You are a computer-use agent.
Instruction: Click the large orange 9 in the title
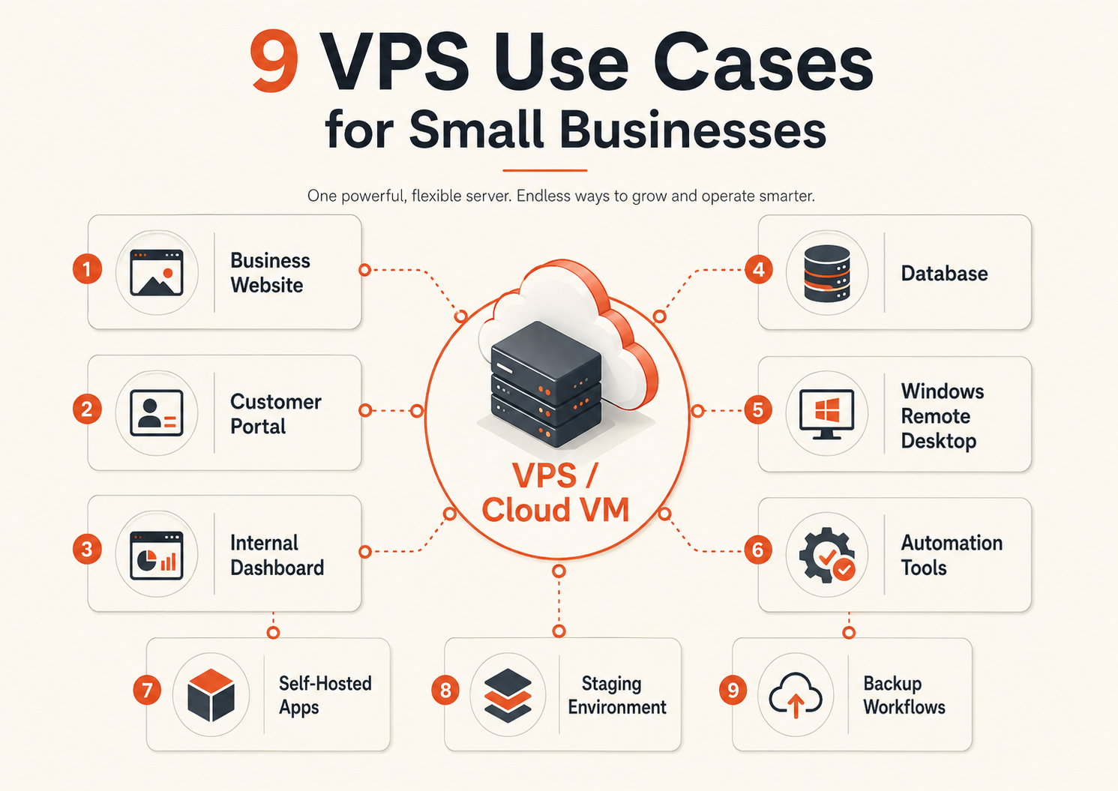click(x=274, y=61)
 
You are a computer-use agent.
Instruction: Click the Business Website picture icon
click(x=157, y=273)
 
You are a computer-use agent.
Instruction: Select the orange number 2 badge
click(x=87, y=409)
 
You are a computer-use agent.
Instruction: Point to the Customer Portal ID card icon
click(x=157, y=412)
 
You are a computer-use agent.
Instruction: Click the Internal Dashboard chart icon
click(x=157, y=556)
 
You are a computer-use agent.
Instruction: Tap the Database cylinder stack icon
click(x=827, y=274)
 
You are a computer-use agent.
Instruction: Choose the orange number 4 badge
click(x=759, y=269)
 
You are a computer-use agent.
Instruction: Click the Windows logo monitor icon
click(x=827, y=414)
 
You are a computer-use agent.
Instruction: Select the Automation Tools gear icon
click(x=827, y=555)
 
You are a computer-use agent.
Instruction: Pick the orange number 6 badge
click(x=758, y=550)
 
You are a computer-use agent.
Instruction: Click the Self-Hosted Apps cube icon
click(x=211, y=695)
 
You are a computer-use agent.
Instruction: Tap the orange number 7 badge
click(x=147, y=691)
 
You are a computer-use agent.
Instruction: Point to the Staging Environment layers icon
click(x=508, y=695)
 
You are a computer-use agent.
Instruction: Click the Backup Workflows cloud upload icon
click(x=796, y=695)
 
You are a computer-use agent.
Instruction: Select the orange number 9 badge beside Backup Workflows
click(x=733, y=691)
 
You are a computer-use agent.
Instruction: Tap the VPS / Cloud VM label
click(x=556, y=493)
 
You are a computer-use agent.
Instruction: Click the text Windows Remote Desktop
click(x=943, y=416)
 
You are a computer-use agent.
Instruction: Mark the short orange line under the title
click(x=545, y=170)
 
